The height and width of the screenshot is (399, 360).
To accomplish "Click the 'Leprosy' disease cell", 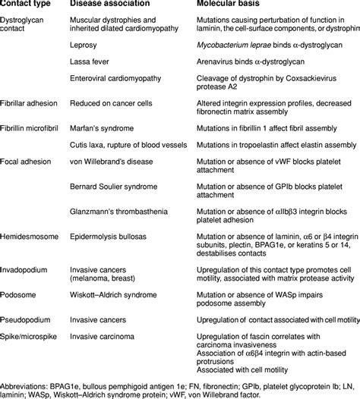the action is click(x=83, y=46).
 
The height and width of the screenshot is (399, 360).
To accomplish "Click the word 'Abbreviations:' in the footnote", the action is click(x=23, y=379).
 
